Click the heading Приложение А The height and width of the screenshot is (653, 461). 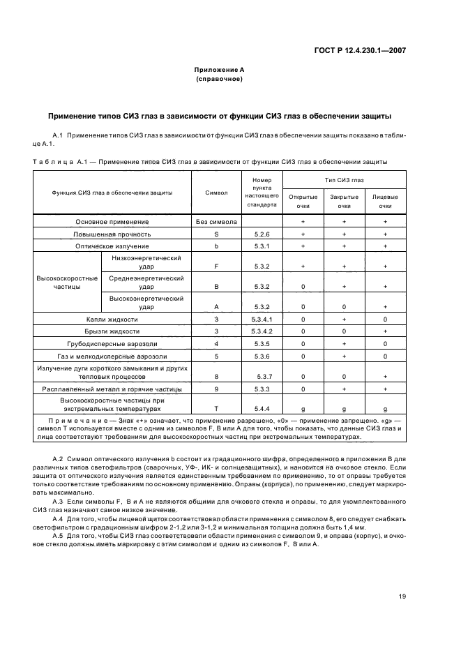[x=218, y=70]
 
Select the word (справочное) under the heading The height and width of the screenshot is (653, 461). [x=218, y=80]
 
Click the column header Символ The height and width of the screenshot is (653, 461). [x=216, y=192]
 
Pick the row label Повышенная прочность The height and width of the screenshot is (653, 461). [x=112, y=234]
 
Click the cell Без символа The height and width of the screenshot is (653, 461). [x=216, y=222]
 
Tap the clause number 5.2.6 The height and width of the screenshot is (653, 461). [x=262, y=234]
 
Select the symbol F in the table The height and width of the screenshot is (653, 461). [x=216, y=267]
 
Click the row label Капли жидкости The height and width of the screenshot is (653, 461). [x=112, y=319]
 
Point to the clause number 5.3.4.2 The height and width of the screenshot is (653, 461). [x=262, y=331]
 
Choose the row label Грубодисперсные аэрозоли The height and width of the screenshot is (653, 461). [x=112, y=344]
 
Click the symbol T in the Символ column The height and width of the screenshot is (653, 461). [x=216, y=409]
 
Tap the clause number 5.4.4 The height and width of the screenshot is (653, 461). [x=262, y=409]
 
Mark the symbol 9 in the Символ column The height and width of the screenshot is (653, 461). [x=216, y=389]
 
